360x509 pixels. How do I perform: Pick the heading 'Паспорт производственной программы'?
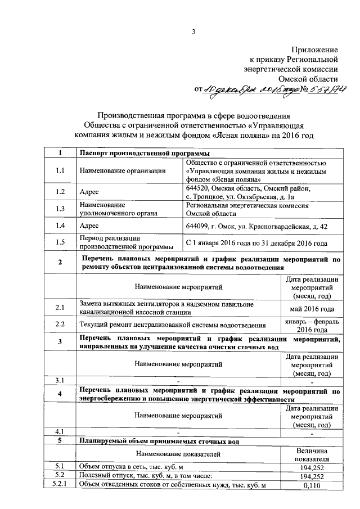pos(145,154)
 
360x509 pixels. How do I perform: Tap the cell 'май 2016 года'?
pos(312,309)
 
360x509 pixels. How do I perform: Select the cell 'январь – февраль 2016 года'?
pos(312,325)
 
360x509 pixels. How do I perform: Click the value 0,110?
pos(312,485)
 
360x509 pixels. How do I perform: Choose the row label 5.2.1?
pos(61,485)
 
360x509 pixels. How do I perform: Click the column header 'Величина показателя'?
pos(312,454)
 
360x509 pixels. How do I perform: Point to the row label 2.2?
pos(61,325)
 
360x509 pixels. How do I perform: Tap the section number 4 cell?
pos(61,394)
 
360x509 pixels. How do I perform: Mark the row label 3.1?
pos(61,380)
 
